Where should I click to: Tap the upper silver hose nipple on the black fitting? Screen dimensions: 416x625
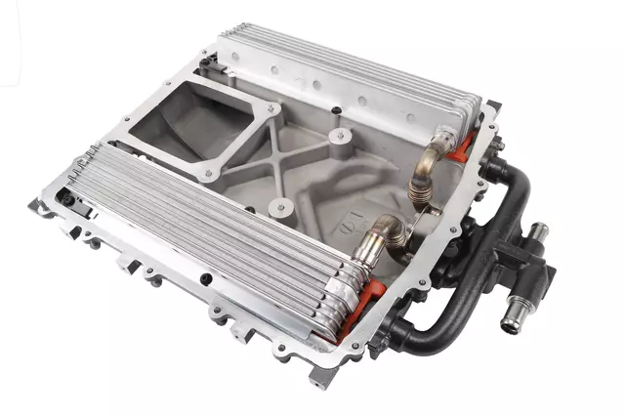538,232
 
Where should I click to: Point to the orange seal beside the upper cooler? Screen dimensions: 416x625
466,146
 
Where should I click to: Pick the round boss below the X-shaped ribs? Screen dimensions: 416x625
281,207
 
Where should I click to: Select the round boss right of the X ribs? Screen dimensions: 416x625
339,135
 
